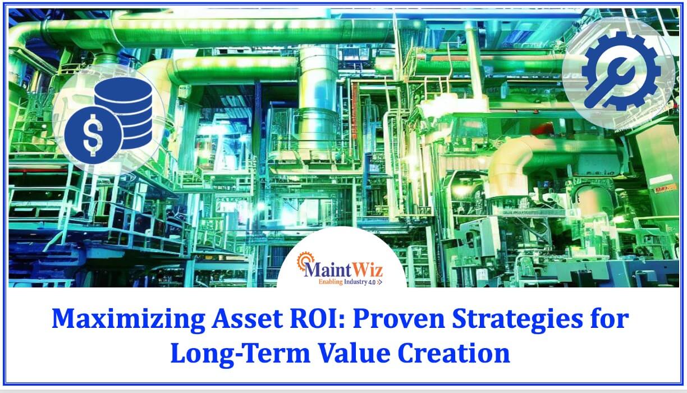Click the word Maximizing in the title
coord(128,319)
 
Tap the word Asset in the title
coord(247,319)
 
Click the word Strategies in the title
coord(517,319)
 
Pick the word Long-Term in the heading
coord(240,354)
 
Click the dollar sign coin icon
coord(93,135)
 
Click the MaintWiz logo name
coord(343,270)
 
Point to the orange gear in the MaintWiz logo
coord(305,261)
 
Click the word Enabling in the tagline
coord(331,282)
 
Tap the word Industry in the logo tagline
coord(355,282)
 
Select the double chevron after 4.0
coord(379,282)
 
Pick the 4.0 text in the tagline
coord(372,282)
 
